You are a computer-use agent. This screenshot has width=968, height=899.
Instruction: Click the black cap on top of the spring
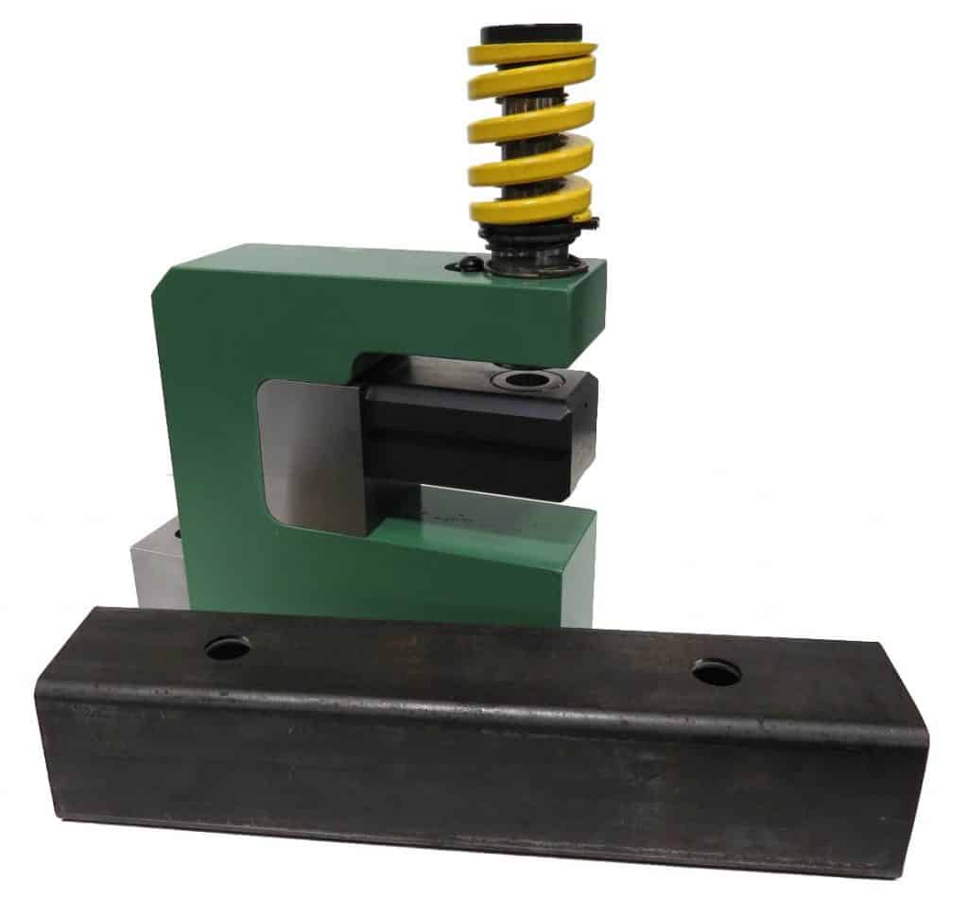(x=531, y=34)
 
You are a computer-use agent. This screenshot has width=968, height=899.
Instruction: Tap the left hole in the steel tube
(x=228, y=648)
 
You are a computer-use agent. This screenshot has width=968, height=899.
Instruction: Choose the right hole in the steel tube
(x=716, y=672)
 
